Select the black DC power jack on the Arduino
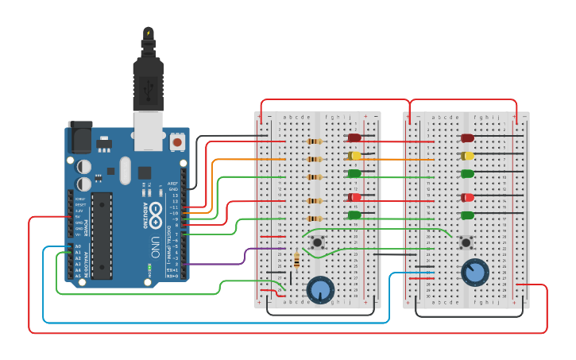click(x=80, y=137)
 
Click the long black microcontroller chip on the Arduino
click(x=101, y=235)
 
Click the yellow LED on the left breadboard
click(x=354, y=156)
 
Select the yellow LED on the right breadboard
click(x=468, y=156)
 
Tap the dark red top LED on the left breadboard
click(x=354, y=138)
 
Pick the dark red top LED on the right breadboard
click(x=468, y=138)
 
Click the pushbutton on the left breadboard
click(x=318, y=242)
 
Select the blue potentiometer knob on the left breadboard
click(x=320, y=290)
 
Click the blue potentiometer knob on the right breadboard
click(x=475, y=272)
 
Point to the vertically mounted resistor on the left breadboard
click(x=297, y=260)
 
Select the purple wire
click(x=238, y=261)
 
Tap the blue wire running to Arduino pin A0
click(x=215, y=322)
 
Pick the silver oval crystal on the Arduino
click(x=125, y=170)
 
